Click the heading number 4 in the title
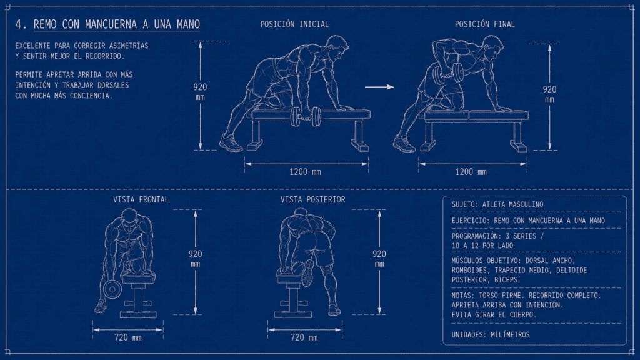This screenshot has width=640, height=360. [19, 24]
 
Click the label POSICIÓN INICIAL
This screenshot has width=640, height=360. [294, 24]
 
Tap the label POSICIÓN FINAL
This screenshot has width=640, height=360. [485, 24]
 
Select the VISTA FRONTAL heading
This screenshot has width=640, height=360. [141, 199]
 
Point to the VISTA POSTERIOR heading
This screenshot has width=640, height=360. [312, 199]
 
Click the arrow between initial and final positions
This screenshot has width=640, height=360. [379, 87]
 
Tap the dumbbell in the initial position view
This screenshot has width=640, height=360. [306, 117]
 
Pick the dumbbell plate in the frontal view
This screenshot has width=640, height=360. [112, 289]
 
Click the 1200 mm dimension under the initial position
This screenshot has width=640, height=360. [305, 172]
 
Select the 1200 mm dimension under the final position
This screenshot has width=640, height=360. [471, 172]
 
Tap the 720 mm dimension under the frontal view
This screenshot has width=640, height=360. [127, 337]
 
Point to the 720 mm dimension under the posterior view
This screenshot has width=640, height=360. [304, 337]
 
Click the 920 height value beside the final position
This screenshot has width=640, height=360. [549, 89]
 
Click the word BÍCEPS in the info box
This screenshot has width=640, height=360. [506, 280]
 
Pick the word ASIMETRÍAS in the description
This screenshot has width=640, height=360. [129, 46]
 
